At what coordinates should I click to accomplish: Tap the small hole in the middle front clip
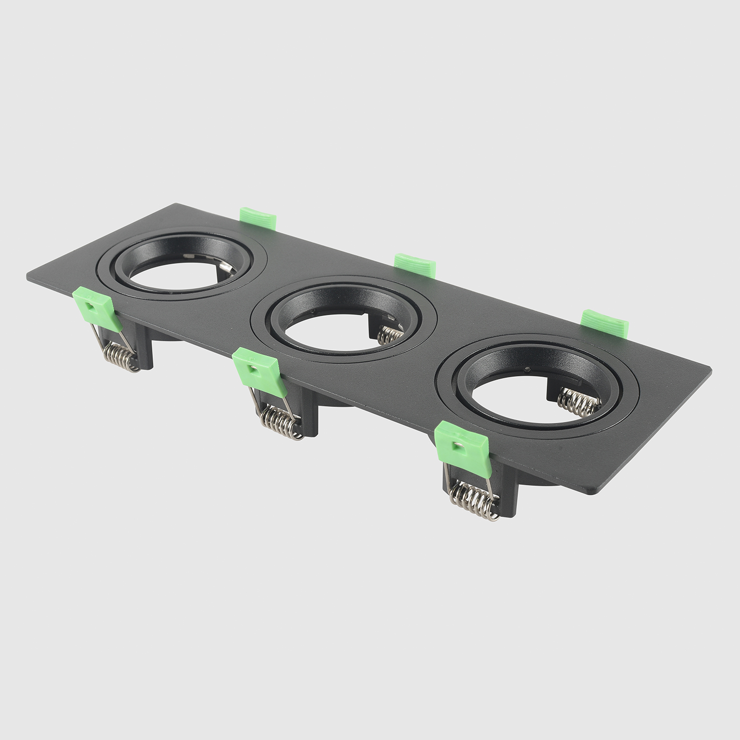pyautogui.click(x=252, y=368)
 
